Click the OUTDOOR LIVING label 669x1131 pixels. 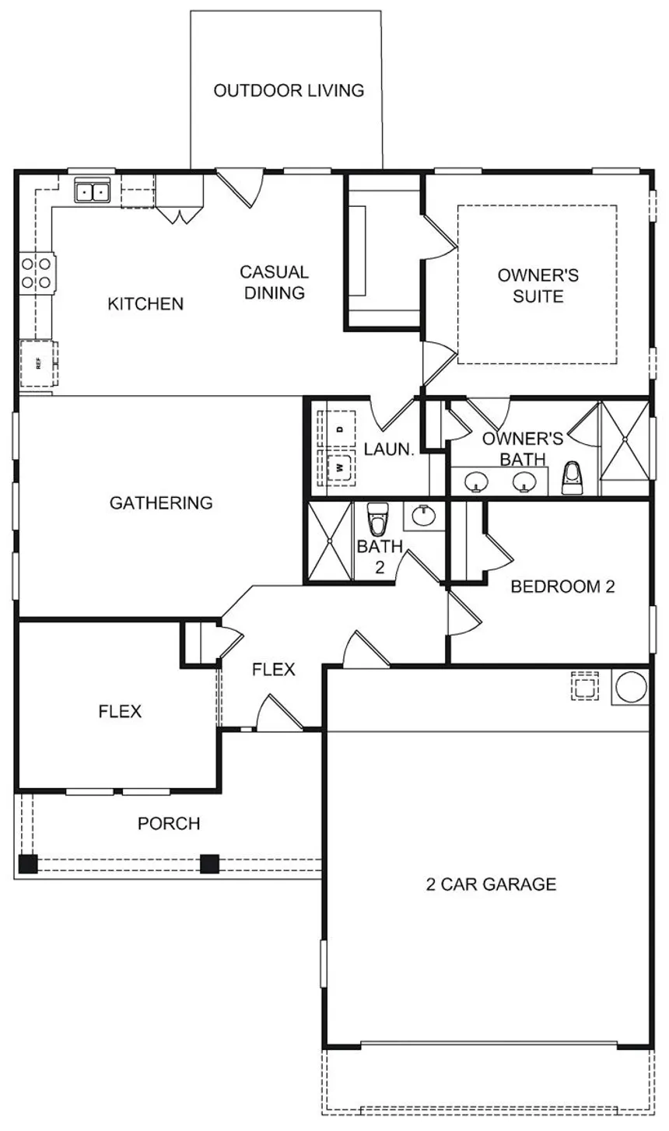[289, 90]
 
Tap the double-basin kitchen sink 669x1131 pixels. [93, 191]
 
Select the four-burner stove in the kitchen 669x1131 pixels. [37, 273]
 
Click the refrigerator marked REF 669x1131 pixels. [38, 363]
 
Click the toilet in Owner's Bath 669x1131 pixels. [573, 478]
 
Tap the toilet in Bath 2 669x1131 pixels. [377, 519]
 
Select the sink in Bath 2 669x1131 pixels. [423, 516]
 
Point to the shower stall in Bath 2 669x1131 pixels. [330, 541]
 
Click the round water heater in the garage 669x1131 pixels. [631, 687]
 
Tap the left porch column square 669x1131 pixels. [28, 863]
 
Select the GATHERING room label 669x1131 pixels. [161, 503]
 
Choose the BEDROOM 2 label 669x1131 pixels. [563, 587]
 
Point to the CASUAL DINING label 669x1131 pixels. [274, 282]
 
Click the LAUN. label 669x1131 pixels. [389, 449]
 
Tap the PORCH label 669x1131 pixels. [169, 824]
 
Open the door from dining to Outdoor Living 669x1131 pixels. [240, 187]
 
